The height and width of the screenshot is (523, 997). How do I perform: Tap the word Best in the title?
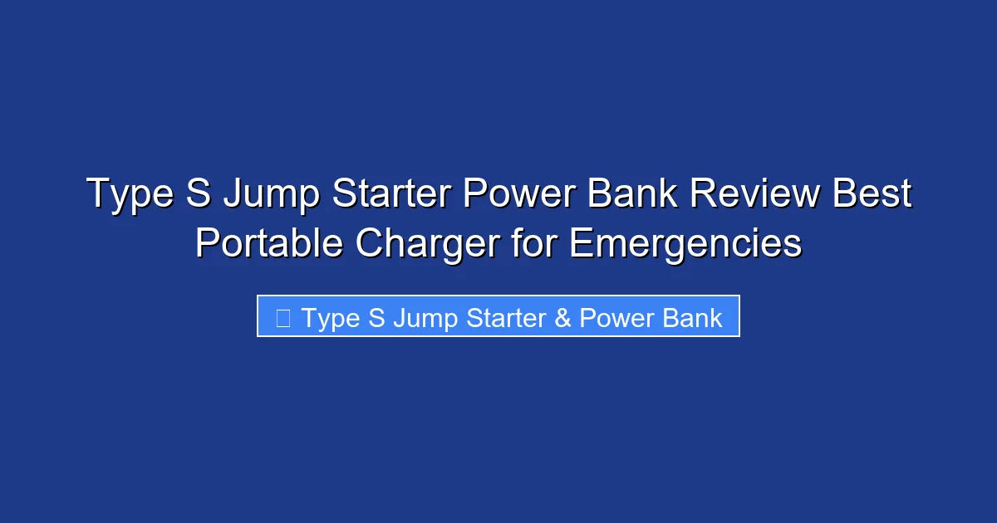872,194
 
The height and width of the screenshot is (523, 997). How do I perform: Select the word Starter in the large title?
391,194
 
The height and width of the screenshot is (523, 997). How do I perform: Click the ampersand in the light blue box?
562,318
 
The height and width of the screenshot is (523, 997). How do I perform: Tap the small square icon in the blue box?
282,318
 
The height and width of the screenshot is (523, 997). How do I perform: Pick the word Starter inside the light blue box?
500,318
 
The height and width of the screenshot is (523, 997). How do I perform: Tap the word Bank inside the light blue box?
691,318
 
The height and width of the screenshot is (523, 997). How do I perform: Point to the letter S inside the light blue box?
376,318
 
